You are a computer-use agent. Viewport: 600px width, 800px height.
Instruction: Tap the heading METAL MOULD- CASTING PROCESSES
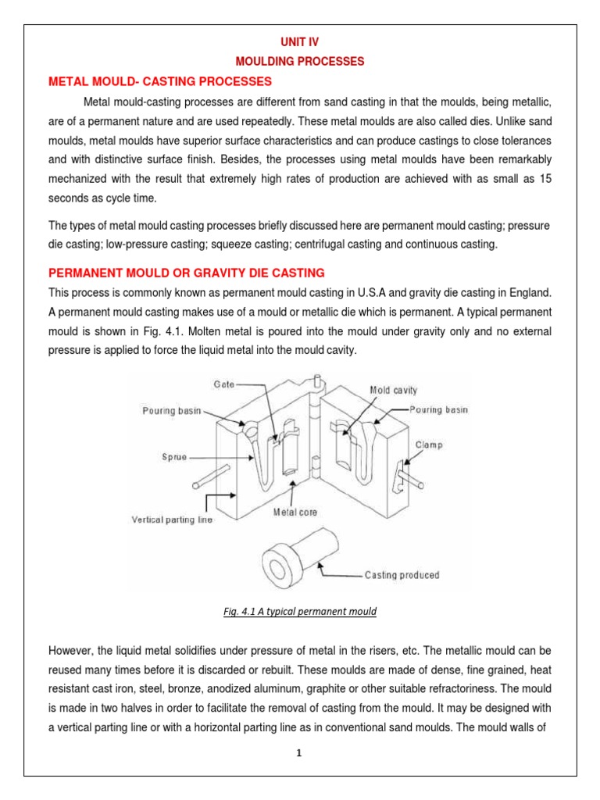coord(160,80)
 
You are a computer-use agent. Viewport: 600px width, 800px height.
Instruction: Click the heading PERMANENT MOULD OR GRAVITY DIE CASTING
coord(187,272)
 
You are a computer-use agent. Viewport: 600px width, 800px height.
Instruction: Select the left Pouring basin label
coord(170,409)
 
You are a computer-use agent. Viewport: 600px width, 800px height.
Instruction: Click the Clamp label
coord(428,445)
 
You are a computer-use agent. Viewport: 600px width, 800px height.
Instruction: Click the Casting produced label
coord(402,575)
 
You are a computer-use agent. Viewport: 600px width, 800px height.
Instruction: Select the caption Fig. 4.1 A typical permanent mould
coord(299,612)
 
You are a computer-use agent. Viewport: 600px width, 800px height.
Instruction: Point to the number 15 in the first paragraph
coord(545,179)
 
